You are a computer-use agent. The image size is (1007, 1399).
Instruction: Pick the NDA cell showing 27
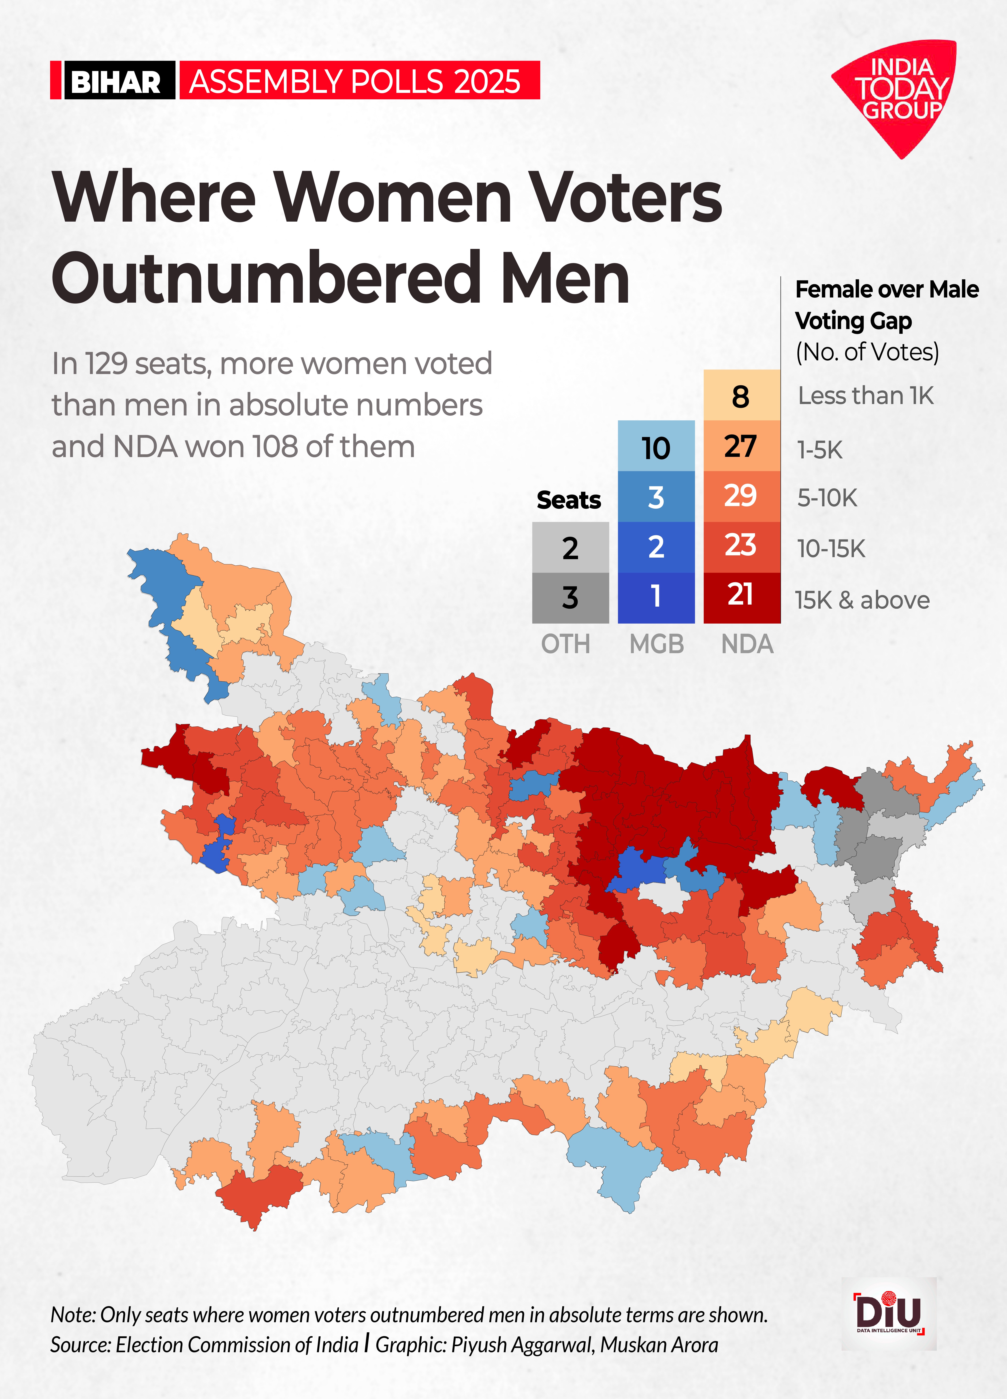tap(741, 446)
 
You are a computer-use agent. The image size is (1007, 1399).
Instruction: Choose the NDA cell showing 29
tap(741, 496)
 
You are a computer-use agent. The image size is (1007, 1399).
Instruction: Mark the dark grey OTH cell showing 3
tap(570, 597)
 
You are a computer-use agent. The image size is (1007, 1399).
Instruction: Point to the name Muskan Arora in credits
tap(659, 1345)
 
